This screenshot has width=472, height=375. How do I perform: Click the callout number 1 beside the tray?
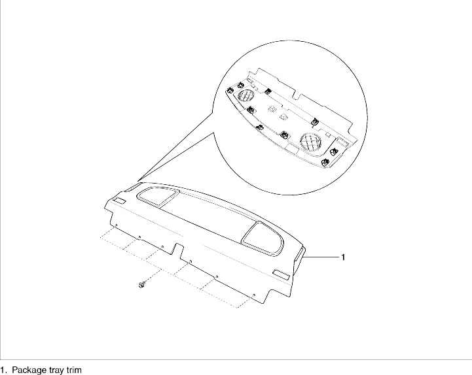pyautogui.click(x=342, y=257)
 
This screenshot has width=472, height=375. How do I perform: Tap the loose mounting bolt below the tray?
pyautogui.click(x=141, y=284)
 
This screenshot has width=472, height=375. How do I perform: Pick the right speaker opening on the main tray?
pyautogui.click(x=263, y=239)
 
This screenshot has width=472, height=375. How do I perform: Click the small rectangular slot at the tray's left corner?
pyautogui.click(x=120, y=201)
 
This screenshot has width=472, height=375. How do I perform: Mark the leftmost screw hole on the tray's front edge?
pyautogui.click(x=116, y=225)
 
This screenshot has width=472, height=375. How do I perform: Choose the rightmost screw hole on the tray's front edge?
pyautogui.click(x=254, y=295)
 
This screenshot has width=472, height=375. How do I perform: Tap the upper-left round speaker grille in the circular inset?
pyautogui.click(x=246, y=95)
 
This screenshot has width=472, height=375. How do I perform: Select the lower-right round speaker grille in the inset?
pyautogui.click(x=311, y=142)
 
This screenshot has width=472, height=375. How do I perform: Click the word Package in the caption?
pyautogui.click(x=29, y=370)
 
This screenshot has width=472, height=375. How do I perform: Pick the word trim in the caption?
pyautogui.click(x=74, y=370)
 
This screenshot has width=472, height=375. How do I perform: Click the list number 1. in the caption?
pyautogui.click(x=3, y=370)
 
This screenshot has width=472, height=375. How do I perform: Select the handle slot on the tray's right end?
pyautogui.click(x=299, y=255)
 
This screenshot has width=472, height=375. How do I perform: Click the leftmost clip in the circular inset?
pyautogui.click(x=230, y=90)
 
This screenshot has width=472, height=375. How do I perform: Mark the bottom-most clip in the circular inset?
pyautogui.click(x=324, y=163)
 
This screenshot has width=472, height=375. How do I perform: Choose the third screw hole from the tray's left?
pyautogui.click(x=162, y=247)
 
